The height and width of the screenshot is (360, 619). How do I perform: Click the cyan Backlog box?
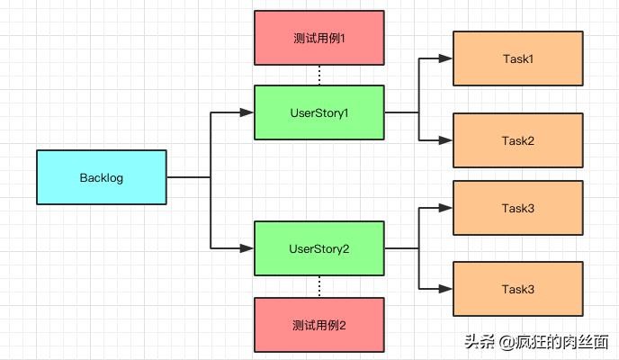102,177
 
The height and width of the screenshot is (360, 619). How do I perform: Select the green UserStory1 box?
319,112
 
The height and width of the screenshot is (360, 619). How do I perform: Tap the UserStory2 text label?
319,248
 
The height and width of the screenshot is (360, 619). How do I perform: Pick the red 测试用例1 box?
319,38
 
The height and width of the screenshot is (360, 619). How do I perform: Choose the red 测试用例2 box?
319,324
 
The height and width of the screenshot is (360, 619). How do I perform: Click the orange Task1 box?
517,59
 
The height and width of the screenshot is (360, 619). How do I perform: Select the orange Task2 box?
517,140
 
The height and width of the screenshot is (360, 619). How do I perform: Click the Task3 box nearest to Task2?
517,208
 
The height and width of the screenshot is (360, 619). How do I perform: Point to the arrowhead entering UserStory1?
248,112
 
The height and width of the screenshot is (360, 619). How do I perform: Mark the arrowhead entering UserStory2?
248,247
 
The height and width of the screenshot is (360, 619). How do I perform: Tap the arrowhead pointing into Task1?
446,59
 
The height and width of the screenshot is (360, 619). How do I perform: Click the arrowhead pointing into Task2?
446,140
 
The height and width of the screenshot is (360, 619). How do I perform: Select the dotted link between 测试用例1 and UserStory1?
319,76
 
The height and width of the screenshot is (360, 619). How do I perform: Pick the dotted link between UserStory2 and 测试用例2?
319,286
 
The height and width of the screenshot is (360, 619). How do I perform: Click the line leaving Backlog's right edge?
189,177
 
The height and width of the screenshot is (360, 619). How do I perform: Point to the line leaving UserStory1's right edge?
401,112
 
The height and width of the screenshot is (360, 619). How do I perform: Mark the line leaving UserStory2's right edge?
401,248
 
